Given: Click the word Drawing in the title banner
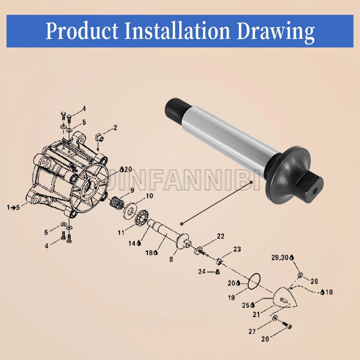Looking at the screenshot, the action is (x=275, y=31).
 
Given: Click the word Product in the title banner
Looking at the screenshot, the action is (x=82, y=31).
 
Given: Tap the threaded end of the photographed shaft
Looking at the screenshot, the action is (x=178, y=108).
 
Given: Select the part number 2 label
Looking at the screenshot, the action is (x=115, y=128).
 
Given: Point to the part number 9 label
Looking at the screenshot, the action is (x=132, y=190).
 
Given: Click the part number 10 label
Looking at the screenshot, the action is (x=149, y=196).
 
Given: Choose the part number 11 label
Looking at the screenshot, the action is (x=121, y=233).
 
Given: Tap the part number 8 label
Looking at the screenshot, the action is (x=171, y=259).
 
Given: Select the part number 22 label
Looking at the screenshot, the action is (x=221, y=236).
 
